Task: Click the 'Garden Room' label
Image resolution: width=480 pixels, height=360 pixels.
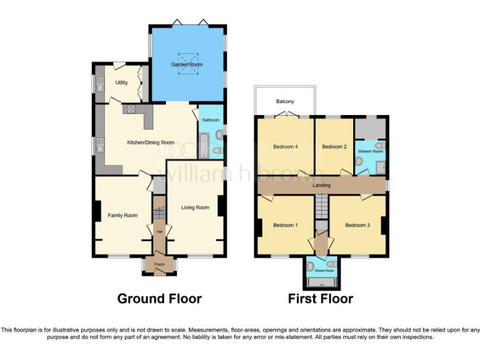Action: coord(187,64)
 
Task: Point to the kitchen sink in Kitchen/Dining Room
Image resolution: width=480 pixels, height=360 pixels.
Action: coord(100,147)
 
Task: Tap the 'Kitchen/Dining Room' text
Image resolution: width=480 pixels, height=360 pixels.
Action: coord(150,142)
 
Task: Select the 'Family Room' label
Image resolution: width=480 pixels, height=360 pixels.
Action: coord(122,216)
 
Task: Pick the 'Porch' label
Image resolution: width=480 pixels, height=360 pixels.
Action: coord(159,264)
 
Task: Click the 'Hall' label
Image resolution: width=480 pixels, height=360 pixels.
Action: coord(159,232)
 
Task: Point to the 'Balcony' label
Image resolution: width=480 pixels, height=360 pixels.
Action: coord(285,101)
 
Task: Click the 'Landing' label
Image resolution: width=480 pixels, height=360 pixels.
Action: coord(321,186)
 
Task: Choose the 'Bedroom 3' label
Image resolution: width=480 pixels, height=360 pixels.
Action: coord(358,225)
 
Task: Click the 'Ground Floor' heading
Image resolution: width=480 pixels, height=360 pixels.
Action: coord(159,299)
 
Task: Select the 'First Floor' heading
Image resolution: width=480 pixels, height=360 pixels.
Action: coord(321,299)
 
